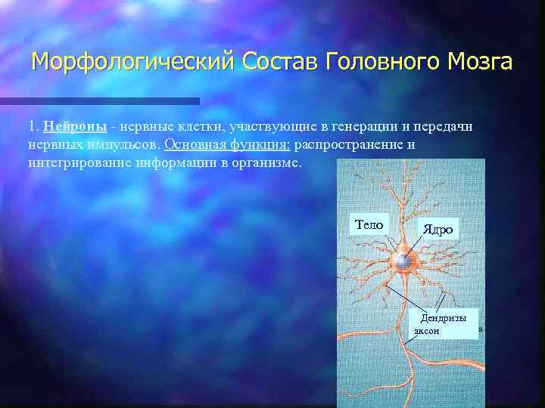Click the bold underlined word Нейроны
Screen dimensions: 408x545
pos(74,126)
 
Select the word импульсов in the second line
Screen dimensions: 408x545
pos(123,144)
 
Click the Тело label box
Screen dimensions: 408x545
pos(369,224)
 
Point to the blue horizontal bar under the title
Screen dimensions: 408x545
pos(99,100)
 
